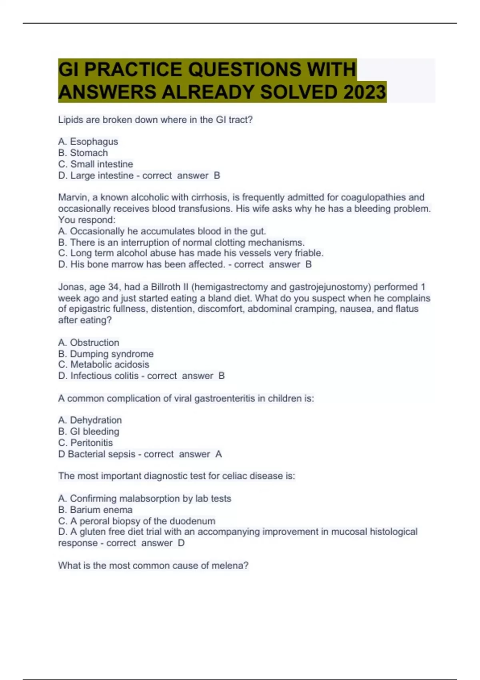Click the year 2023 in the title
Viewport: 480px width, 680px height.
(x=364, y=92)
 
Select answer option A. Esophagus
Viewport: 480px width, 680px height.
(x=88, y=142)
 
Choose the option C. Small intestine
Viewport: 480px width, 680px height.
(x=96, y=164)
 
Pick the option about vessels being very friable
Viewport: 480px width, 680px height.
(x=191, y=253)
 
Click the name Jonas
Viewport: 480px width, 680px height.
(x=71, y=287)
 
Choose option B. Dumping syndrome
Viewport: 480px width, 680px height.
(x=106, y=354)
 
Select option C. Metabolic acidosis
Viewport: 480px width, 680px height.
(x=104, y=364)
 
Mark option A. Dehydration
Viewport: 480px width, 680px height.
(x=90, y=420)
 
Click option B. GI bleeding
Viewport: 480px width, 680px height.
(x=88, y=432)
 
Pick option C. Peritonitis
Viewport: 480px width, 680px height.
(x=85, y=443)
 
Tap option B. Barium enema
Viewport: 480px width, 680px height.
(x=95, y=510)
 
